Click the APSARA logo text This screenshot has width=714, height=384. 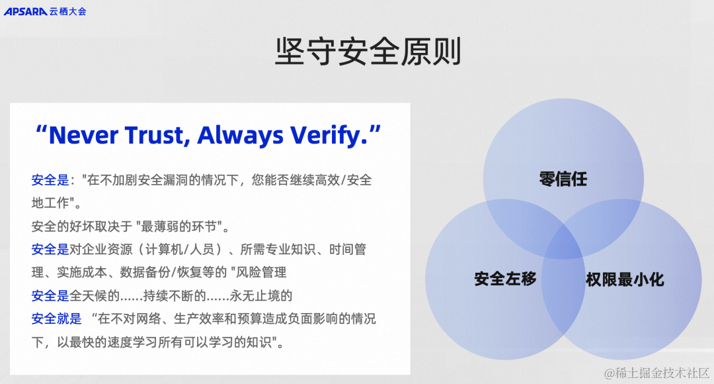tap(25, 11)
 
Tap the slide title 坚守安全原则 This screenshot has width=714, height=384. tap(368, 52)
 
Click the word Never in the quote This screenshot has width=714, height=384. tap(91, 135)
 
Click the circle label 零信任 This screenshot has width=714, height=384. tap(563, 179)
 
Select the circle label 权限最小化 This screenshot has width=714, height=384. tap(625, 279)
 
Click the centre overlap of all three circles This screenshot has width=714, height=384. tap(563, 242)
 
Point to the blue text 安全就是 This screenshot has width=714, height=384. tap(56, 318)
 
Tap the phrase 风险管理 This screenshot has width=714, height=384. tap(262, 272)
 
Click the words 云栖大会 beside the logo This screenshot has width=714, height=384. tap(67, 11)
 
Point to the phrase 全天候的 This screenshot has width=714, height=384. tap(94, 295)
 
